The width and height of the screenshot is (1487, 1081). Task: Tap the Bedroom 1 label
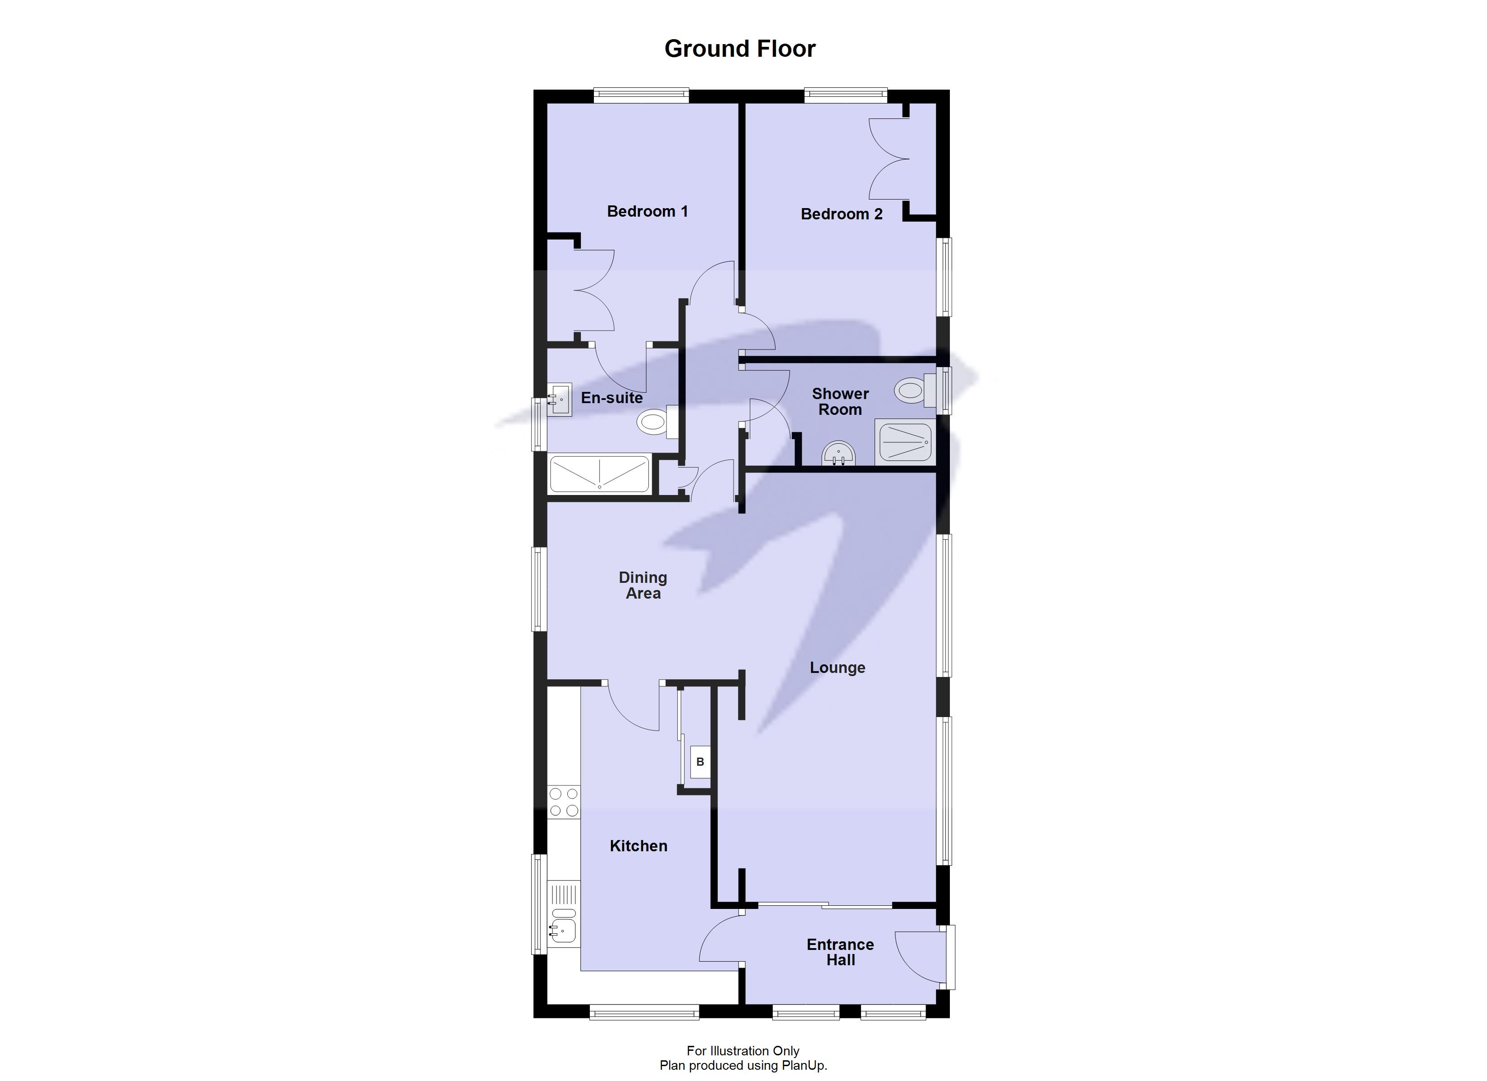pos(647,211)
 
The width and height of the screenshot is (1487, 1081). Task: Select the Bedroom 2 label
pos(841,213)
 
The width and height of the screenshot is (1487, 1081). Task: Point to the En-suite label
pos(611,398)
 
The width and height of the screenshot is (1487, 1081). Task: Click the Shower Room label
pos(840,401)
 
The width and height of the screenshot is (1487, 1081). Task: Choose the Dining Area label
pos(643,586)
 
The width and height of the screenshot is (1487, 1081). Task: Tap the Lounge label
pos(837,668)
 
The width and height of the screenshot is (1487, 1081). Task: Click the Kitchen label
pos(638,846)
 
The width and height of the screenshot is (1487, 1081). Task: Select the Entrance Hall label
pos(840,952)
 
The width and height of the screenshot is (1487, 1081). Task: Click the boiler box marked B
pos(700,762)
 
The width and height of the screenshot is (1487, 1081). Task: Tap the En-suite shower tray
pos(598,474)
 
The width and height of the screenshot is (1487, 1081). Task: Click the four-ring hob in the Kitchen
pos(564,802)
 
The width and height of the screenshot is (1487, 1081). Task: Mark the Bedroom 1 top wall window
pos(641,95)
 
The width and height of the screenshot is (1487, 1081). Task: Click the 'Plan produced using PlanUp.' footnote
pos(743,1065)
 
